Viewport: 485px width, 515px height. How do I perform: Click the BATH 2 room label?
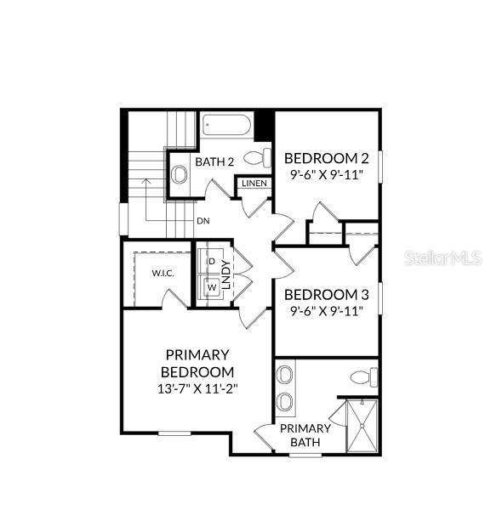214,162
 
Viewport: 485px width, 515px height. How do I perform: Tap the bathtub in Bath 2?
226,127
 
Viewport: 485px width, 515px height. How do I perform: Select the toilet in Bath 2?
256,157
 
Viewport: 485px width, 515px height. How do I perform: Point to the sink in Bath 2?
179,175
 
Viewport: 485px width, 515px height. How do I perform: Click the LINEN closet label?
254,184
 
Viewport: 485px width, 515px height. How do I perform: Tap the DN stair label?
203,221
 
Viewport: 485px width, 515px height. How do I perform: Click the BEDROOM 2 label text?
326,158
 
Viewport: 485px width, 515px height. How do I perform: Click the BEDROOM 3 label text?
326,294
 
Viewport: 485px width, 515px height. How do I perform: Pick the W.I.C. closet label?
163,273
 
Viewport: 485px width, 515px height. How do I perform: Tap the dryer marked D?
211,261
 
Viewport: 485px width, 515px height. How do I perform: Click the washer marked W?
211,286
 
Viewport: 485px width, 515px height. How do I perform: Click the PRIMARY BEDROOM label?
197,363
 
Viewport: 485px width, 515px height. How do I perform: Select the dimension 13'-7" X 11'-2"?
197,388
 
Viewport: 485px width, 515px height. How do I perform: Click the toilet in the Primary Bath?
362,377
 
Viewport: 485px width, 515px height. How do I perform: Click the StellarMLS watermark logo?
435,257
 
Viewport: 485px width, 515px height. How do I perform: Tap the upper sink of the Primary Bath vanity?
286,376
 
